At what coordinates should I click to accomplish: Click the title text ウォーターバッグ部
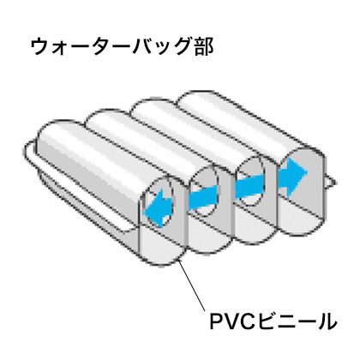[122, 46]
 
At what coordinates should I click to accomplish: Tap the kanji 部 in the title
[203, 46]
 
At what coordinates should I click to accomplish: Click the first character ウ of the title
[40, 47]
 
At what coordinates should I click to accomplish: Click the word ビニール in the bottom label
[296, 321]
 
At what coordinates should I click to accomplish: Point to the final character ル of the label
[327, 321]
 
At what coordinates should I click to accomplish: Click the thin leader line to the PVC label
[192, 286]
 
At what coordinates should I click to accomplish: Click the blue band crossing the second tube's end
[203, 198]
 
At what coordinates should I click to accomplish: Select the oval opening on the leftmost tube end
[159, 201]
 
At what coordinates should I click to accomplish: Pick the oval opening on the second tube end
[204, 191]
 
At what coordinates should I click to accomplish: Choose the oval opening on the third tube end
[250, 181]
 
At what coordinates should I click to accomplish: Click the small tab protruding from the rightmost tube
[330, 182]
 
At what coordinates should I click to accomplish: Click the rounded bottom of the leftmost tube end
[160, 249]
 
